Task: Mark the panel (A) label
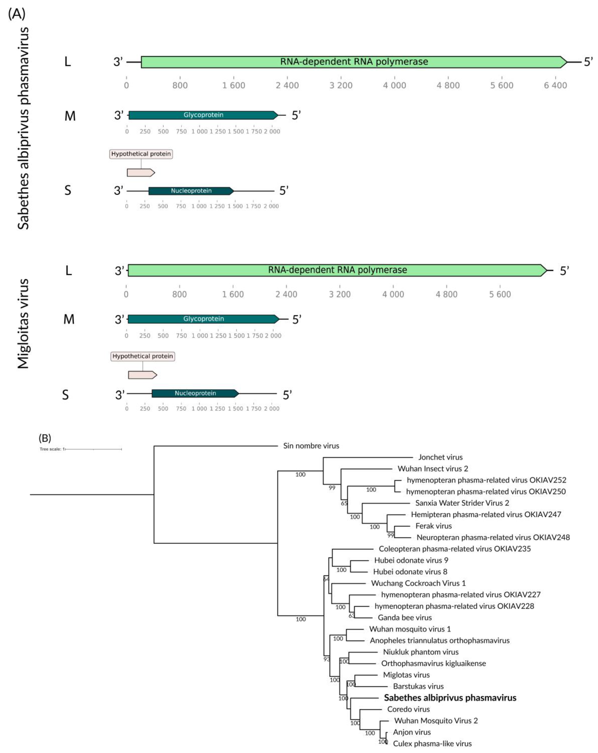[16, 14]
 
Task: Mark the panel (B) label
[45, 438]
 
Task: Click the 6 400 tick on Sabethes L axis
[555, 85]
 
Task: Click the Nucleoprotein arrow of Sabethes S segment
[191, 191]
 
